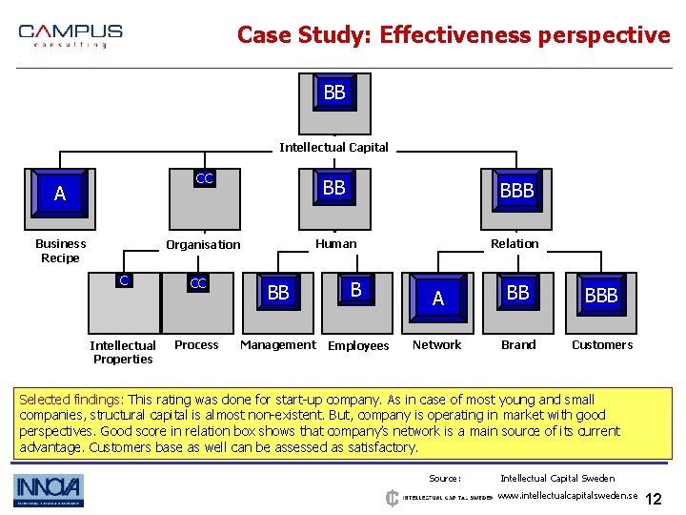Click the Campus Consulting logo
(71, 35)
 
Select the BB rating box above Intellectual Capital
(334, 93)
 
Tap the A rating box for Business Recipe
(60, 195)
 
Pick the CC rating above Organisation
(204, 179)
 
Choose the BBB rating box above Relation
(516, 191)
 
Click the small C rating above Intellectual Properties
(123, 280)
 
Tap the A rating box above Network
(437, 299)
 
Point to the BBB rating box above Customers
(601, 296)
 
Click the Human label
(335, 244)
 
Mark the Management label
(277, 345)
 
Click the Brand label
(518, 345)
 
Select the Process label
(196, 345)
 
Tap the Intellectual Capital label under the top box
(333, 148)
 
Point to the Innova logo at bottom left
(49, 490)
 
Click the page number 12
(654, 500)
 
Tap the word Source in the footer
(445, 479)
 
